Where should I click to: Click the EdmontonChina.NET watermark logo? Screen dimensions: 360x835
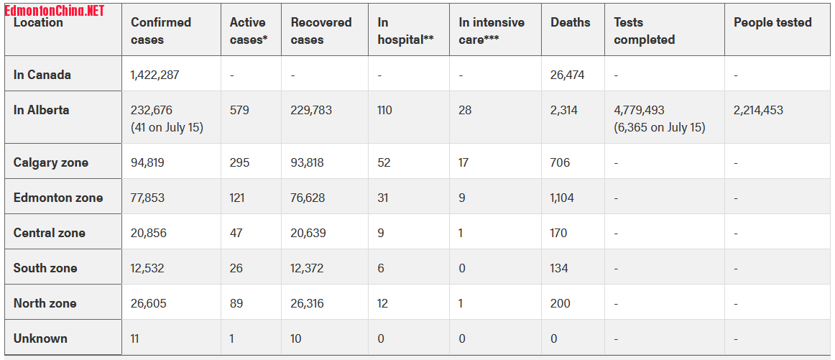point(55,10)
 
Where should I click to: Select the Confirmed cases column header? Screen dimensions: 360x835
point(160,31)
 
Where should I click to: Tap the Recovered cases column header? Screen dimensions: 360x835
point(321,31)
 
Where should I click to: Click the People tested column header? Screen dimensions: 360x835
point(772,22)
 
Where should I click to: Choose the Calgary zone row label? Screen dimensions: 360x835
point(51,162)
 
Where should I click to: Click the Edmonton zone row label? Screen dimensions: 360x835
point(58,198)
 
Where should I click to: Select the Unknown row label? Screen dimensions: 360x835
point(40,338)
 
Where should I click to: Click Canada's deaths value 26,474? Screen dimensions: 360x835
point(568,75)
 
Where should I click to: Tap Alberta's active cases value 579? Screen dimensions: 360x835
point(239,110)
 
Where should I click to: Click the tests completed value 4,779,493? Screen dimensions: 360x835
point(640,110)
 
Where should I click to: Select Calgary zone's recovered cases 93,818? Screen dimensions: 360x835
point(308,162)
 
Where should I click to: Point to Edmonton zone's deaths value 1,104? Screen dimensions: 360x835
point(563,198)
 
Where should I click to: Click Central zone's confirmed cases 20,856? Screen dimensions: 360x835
point(147,233)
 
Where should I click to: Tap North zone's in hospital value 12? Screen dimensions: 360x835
point(383,303)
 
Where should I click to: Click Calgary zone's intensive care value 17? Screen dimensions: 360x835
point(463,162)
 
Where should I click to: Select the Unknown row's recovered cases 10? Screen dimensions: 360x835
point(296,338)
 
